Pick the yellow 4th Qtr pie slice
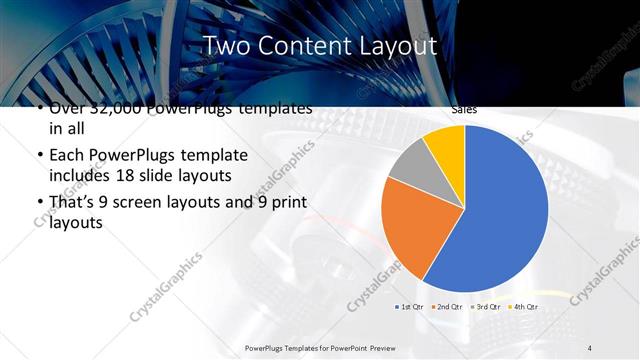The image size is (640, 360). coord(446,144)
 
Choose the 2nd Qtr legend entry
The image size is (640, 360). coord(447,305)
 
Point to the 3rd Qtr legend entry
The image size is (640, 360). coord(484,305)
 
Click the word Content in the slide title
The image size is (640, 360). coord(300,46)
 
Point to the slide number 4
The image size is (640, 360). coord(590,347)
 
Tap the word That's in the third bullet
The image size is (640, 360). coord(74,204)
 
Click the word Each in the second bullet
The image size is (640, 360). coord(67,157)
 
